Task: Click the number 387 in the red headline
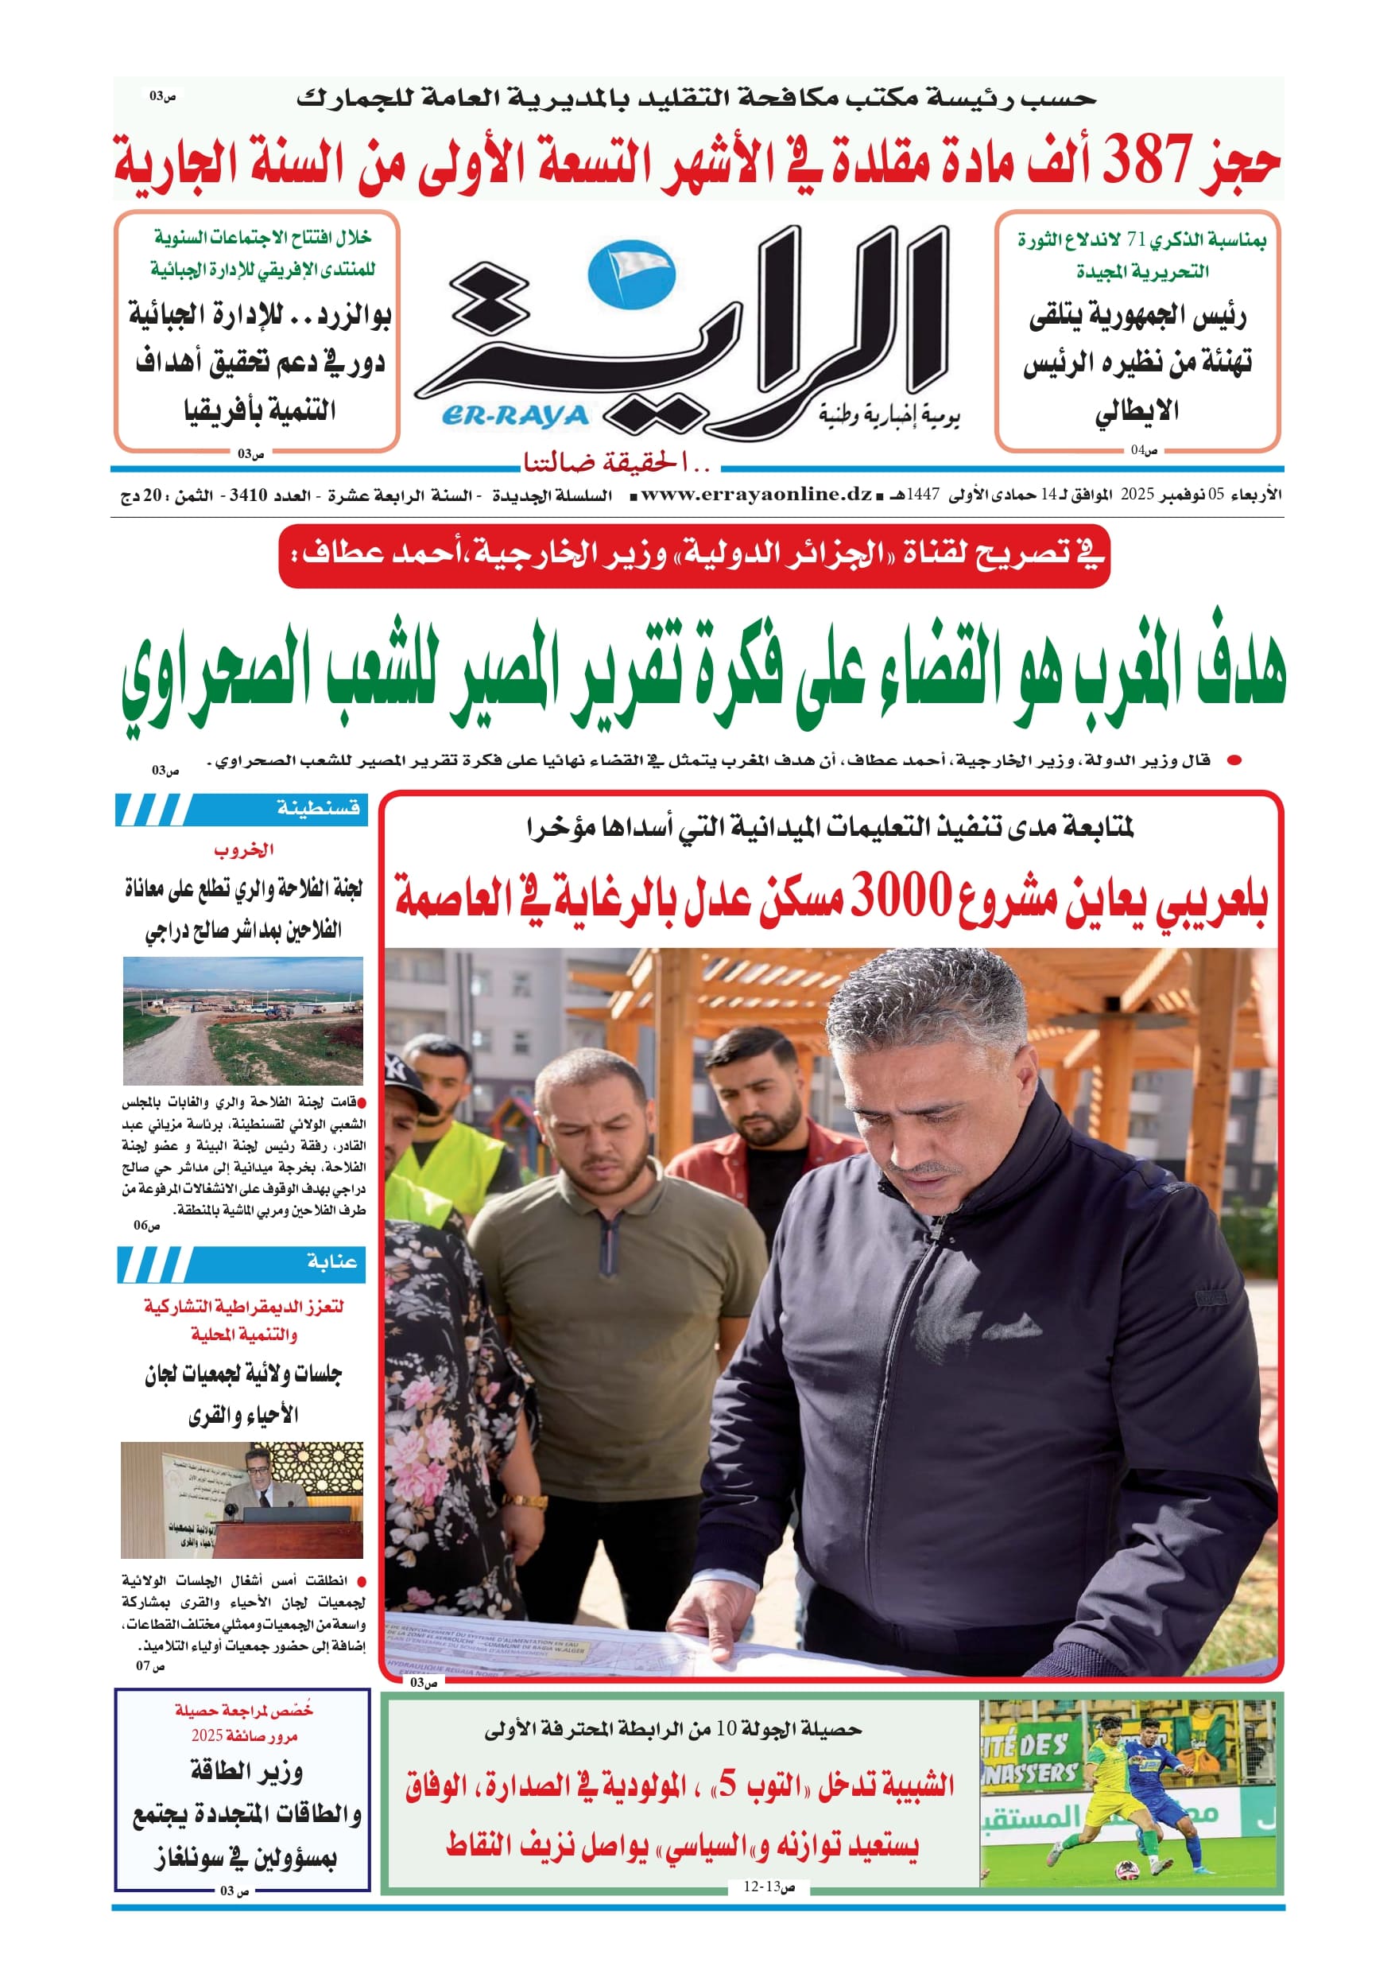[1149, 161]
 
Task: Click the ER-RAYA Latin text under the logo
[515, 416]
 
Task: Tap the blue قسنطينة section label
[317, 808]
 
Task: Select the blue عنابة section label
[331, 1261]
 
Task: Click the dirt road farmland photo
[242, 1020]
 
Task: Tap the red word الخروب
[243, 849]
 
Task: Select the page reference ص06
[146, 1224]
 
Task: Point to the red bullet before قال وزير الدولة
[1234, 760]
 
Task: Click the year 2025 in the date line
[1137, 495]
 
